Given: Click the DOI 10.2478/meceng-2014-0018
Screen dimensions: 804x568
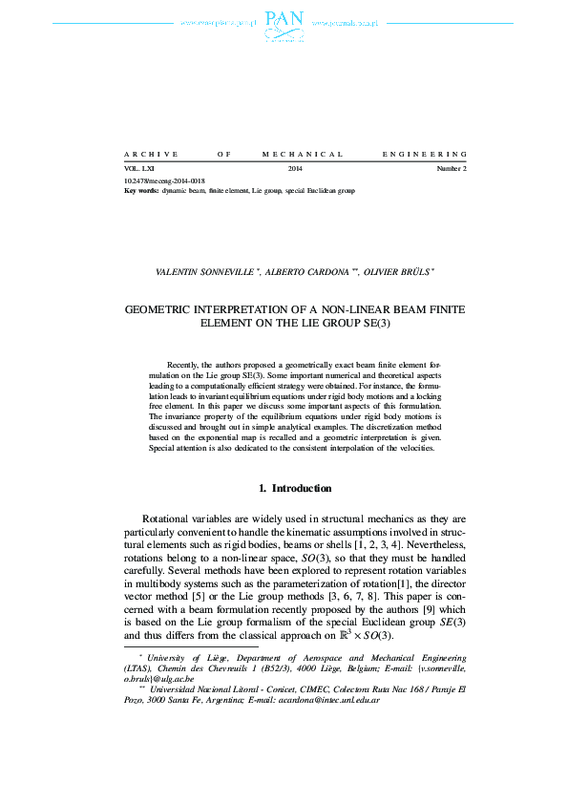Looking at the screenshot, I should pyautogui.click(x=165, y=180).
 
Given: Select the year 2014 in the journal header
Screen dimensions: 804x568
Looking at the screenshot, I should pyautogui.click(x=296, y=169).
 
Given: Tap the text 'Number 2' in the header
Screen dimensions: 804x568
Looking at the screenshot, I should pyautogui.click(x=452, y=169).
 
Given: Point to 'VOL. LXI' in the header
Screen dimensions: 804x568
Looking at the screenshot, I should pyautogui.click(x=138, y=169).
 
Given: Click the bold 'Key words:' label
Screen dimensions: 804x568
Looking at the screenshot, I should pyautogui.click(x=142, y=191).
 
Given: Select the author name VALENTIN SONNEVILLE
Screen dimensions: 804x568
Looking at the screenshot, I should pyautogui.click(x=198, y=272).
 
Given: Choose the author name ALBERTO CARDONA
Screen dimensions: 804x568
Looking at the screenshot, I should pyautogui.click(x=297, y=272).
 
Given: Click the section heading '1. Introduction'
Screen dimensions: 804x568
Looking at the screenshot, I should pyautogui.click(x=296, y=489).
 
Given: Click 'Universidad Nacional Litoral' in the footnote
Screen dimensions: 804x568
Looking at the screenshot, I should pyautogui.click(x=202, y=688).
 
